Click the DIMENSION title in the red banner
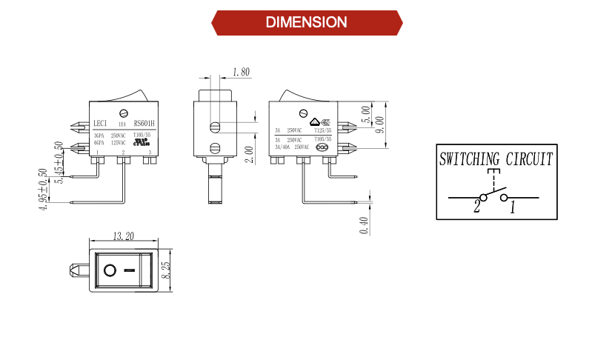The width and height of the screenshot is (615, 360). point(306,22)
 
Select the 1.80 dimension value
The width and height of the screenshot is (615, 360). point(241,73)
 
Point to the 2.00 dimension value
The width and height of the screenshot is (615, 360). point(249,154)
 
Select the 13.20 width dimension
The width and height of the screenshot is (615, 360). point(123,237)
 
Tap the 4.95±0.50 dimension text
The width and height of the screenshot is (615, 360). point(43,190)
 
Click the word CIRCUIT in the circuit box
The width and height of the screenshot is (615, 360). point(528,159)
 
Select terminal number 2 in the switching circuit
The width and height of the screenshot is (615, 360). point(477,208)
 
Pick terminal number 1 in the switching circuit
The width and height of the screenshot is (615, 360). point(511,208)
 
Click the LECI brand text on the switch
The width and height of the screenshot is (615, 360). point(102,124)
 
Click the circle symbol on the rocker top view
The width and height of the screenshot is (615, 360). point(110,270)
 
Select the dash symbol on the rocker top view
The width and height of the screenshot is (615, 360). point(130,270)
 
